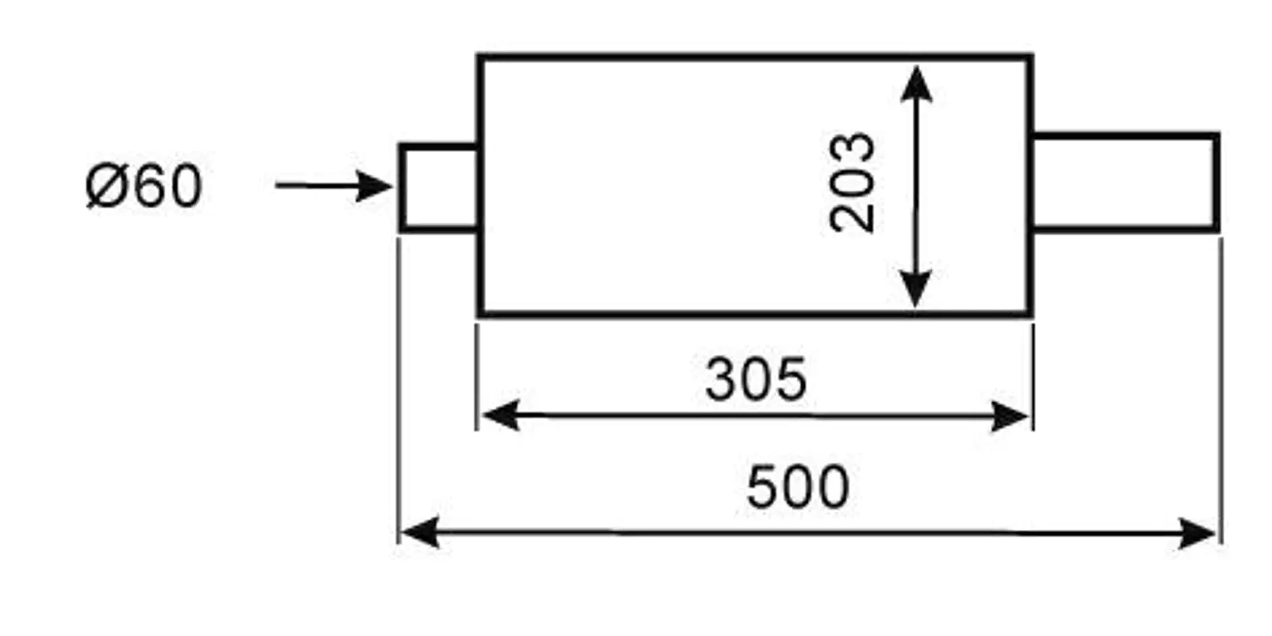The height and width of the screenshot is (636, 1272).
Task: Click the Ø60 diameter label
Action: (x=144, y=186)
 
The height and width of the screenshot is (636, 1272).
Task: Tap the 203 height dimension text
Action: (x=851, y=183)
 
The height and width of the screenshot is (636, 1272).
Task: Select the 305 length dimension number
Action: (x=755, y=379)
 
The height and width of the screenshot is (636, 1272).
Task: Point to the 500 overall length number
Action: (x=797, y=487)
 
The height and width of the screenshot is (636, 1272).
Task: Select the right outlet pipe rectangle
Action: (x=1124, y=182)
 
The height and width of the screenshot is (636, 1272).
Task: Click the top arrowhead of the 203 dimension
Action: (x=917, y=83)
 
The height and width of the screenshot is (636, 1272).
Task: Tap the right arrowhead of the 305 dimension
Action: (x=1010, y=416)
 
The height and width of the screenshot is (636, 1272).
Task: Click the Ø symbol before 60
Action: (x=103, y=187)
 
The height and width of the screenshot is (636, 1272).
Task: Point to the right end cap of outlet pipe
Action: (x=1216, y=182)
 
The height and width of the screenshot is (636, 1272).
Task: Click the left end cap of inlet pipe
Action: (x=402, y=188)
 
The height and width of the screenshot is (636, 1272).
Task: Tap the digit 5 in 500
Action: (x=763, y=487)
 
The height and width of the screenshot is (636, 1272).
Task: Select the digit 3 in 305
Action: (x=721, y=379)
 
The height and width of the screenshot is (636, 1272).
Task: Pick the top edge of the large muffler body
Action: (x=755, y=56)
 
